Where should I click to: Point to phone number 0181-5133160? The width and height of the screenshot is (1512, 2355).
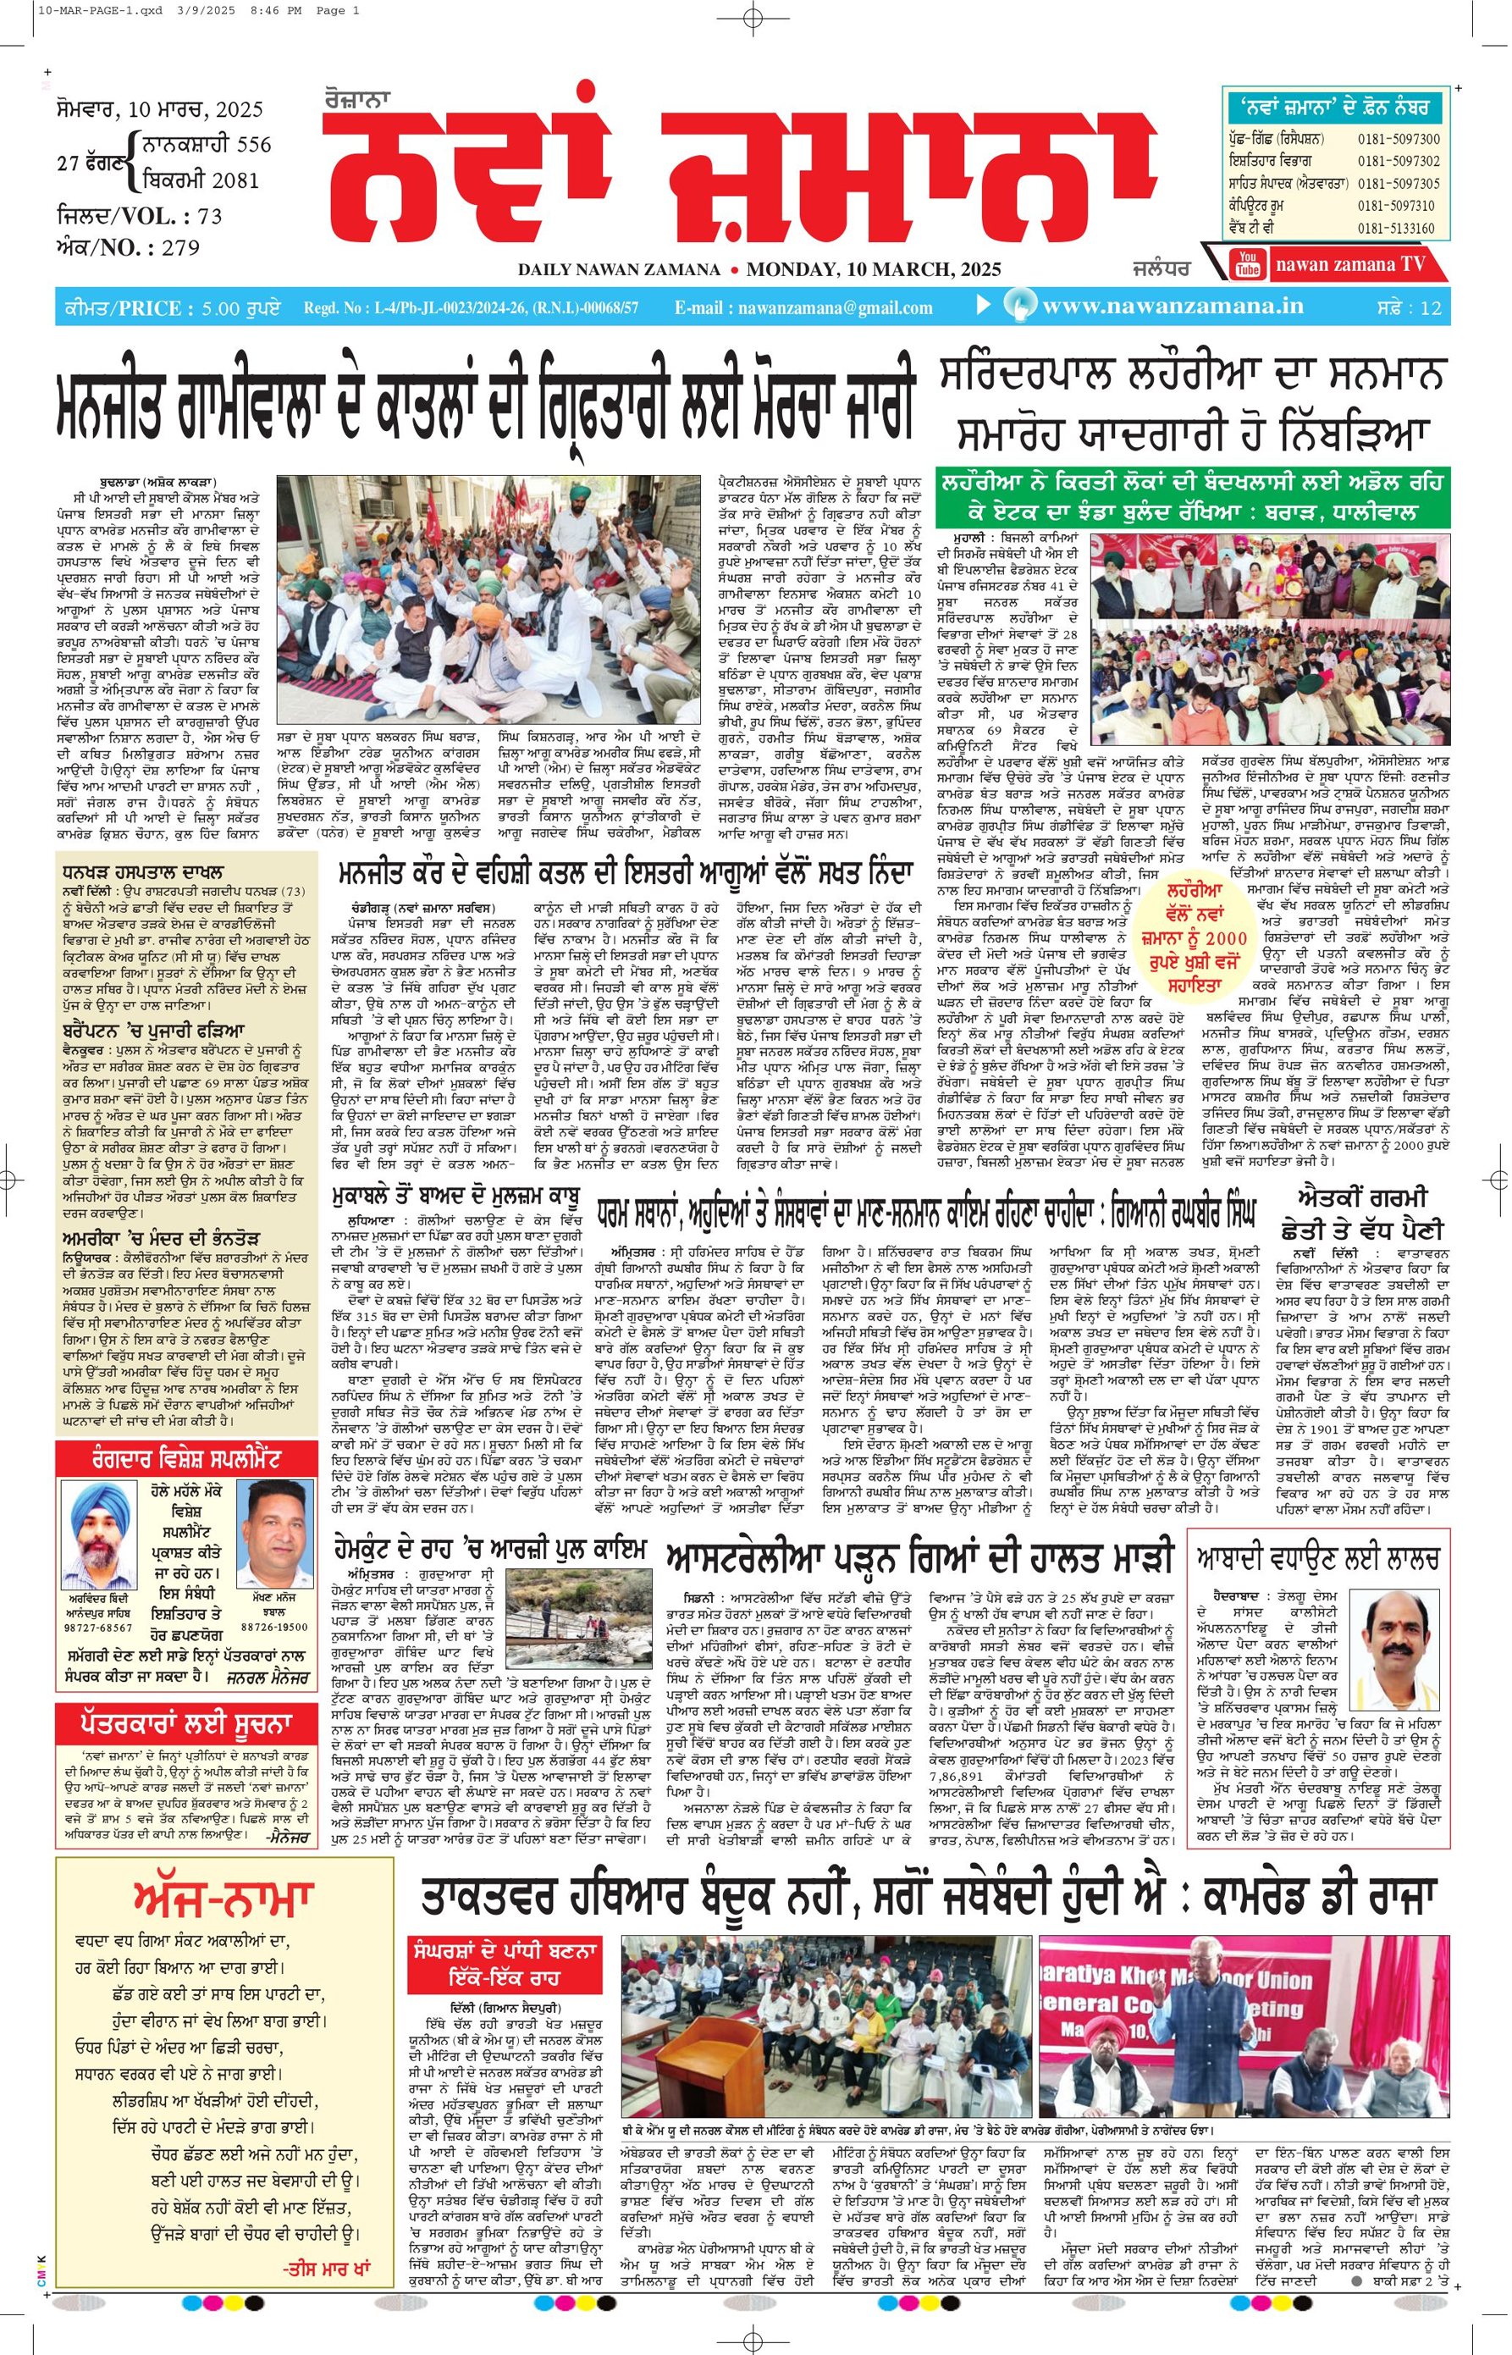1398,228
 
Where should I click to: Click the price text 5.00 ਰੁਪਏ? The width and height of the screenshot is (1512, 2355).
240,308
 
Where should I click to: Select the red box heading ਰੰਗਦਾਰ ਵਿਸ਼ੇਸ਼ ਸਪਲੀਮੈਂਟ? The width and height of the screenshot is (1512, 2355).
186,1458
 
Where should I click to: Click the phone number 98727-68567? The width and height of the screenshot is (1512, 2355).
98,1628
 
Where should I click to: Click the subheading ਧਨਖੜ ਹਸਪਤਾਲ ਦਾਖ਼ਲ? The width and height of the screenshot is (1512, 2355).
142,872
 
